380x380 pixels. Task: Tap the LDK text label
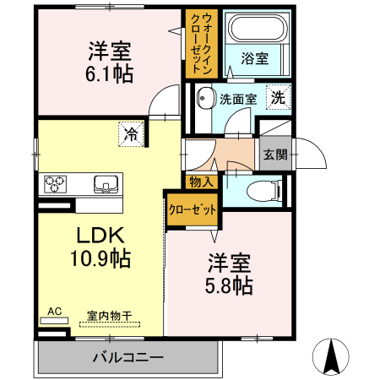click(102, 233)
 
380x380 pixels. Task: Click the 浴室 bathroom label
click(254, 58)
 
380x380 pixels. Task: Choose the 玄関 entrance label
click(274, 155)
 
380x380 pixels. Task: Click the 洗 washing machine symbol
click(277, 97)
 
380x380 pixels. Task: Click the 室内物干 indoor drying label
click(110, 315)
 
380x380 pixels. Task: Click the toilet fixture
click(263, 191)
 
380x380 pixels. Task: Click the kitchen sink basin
click(106, 182)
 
